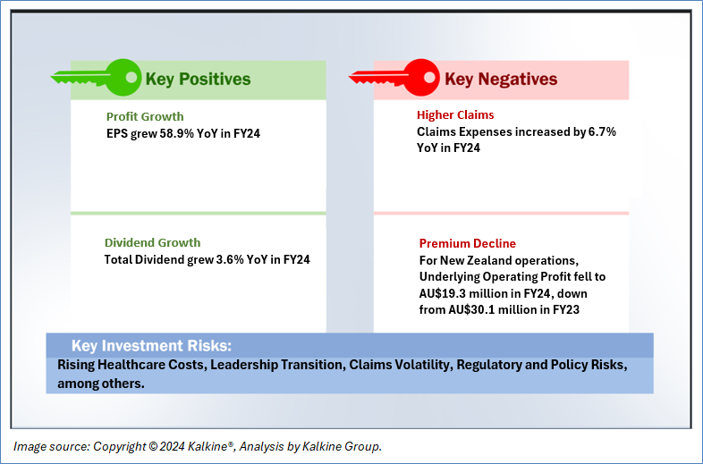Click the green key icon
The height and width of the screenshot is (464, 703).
[97, 78]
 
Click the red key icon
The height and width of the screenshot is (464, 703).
[394, 78]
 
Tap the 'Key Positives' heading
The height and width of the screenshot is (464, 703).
[199, 80]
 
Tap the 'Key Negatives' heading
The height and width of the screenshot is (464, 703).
[501, 80]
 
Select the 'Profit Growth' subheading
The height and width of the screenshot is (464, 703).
[145, 116]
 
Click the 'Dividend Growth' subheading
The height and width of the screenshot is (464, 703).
[152, 242]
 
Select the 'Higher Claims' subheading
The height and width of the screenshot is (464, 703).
[455, 114]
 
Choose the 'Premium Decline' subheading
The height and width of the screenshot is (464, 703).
[468, 243]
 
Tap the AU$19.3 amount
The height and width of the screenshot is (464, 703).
[442, 293]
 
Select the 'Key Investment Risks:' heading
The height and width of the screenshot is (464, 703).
[151, 346]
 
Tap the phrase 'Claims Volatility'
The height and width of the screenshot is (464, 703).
[401, 365]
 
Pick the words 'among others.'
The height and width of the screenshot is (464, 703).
[101, 384]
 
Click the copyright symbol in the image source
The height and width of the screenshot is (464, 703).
[153, 447]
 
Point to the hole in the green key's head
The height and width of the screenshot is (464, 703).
[131, 78]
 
